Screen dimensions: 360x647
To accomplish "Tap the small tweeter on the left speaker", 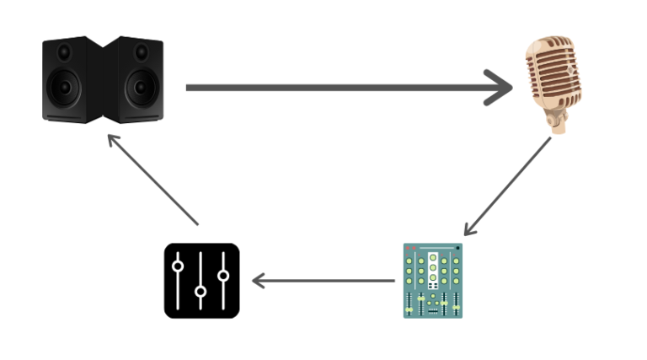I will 64,52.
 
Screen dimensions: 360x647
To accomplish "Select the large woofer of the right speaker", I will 140,86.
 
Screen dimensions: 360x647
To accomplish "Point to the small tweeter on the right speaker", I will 141,52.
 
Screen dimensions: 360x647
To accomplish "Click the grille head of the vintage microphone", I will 551,71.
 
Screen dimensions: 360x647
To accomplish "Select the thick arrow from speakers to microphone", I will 337,88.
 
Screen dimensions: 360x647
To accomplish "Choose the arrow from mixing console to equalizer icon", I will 324,281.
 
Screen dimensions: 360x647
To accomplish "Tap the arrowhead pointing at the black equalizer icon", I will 258,281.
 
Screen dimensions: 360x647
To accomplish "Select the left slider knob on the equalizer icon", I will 178,266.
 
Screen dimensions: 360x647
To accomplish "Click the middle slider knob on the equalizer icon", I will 201,292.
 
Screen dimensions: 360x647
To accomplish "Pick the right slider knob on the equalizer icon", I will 223,276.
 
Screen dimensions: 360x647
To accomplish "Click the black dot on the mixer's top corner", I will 457,248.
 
